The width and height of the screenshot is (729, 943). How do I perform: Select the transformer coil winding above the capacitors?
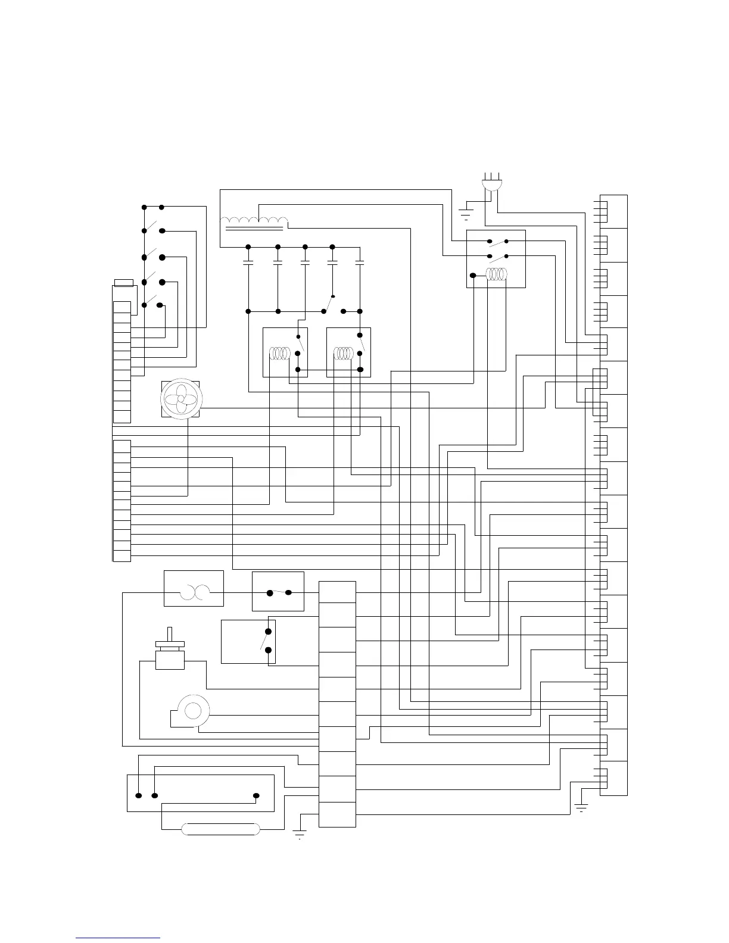click(x=254, y=221)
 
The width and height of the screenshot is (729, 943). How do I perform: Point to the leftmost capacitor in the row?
click(x=248, y=261)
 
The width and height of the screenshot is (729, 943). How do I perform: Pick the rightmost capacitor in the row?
click(x=359, y=261)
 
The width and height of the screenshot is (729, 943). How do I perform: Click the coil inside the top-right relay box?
click(x=496, y=274)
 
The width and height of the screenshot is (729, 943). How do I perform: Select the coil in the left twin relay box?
click(x=279, y=354)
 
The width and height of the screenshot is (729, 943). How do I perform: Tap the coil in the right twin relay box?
click(x=344, y=354)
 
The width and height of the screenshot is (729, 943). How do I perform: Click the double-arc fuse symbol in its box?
click(x=194, y=592)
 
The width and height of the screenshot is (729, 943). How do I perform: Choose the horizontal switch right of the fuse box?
click(x=279, y=592)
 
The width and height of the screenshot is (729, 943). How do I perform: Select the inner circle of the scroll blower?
click(x=192, y=710)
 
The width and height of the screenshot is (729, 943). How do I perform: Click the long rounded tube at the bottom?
click(x=220, y=829)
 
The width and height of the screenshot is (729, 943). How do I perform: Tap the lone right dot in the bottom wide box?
click(x=256, y=795)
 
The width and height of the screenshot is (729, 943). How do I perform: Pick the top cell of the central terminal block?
click(x=337, y=592)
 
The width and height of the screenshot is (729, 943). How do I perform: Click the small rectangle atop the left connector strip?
click(x=123, y=282)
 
